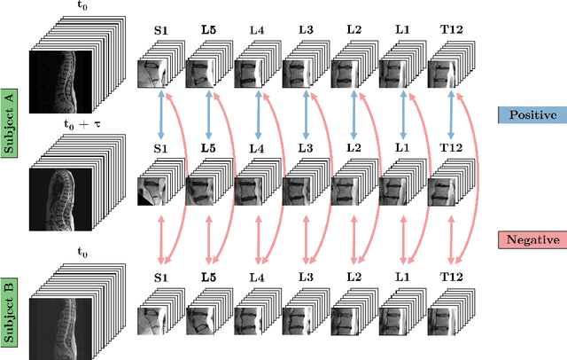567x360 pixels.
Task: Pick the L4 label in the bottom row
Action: click(257, 278)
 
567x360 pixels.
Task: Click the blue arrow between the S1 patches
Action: click(160, 114)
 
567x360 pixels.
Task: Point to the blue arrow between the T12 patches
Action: click(451, 114)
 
